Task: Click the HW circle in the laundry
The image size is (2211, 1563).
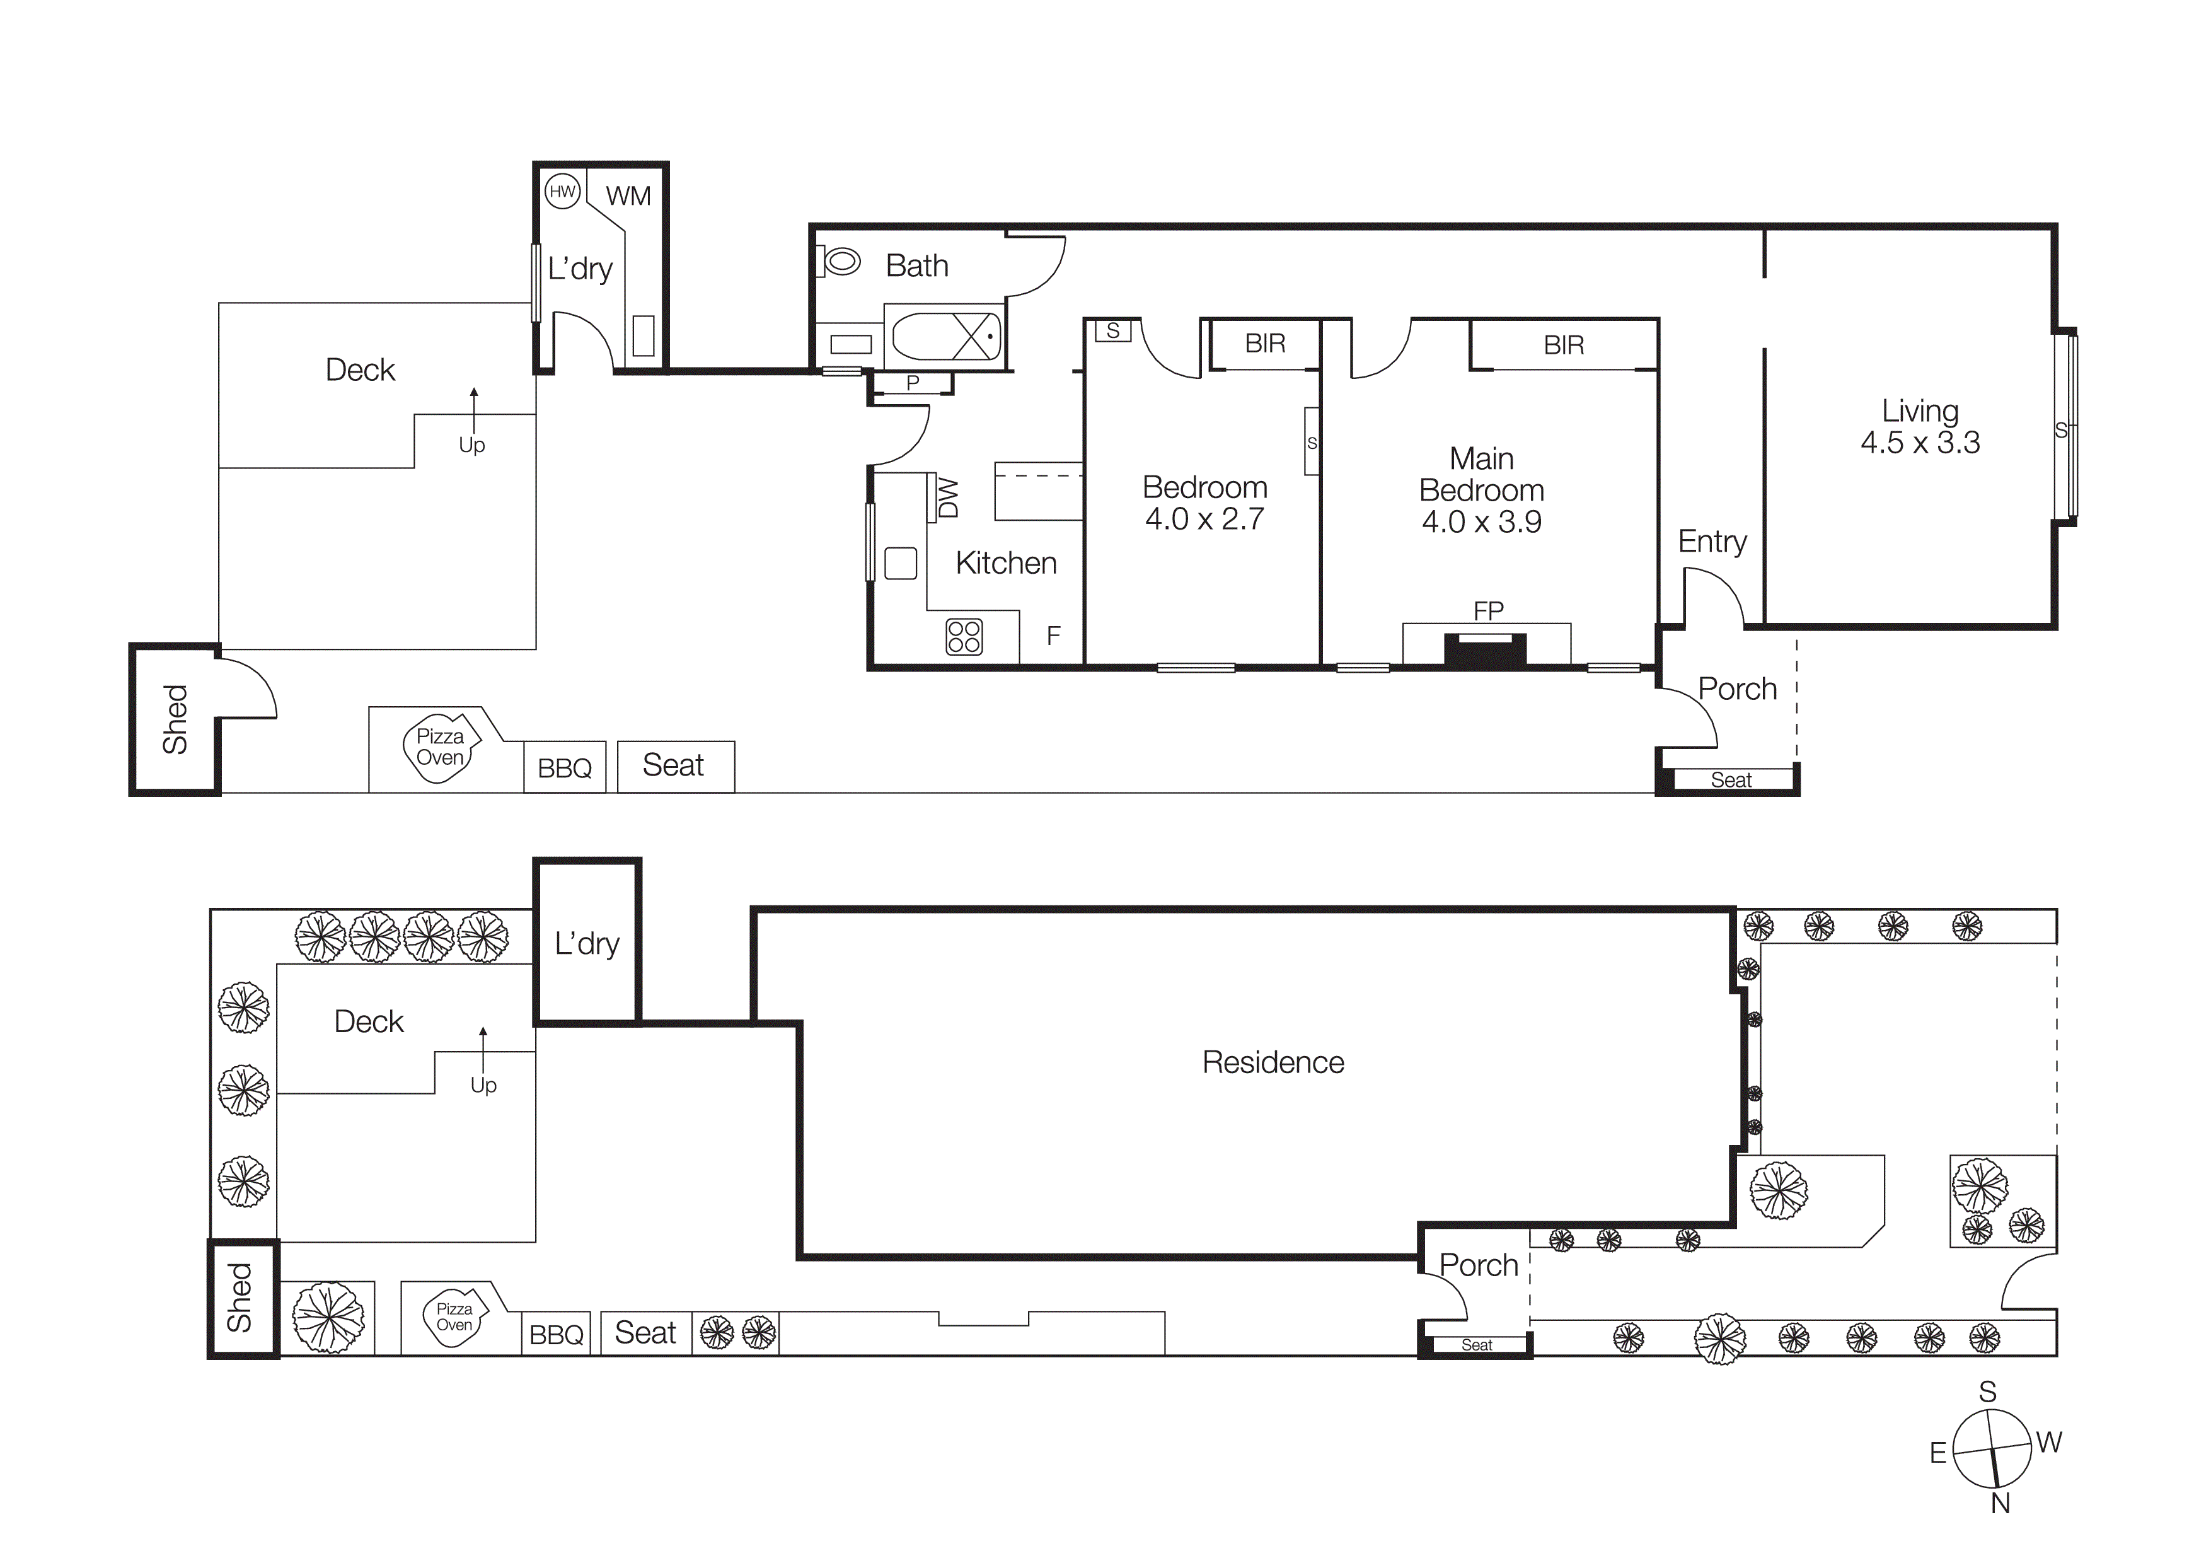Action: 562,192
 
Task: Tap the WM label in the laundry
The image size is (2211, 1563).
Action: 628,197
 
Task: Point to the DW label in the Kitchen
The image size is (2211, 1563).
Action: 949,498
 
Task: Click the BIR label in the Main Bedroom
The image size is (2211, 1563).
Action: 1563,345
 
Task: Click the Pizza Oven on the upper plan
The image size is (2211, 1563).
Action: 440,747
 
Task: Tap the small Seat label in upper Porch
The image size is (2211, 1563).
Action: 1731,780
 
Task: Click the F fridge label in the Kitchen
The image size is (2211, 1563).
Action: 1053,636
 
